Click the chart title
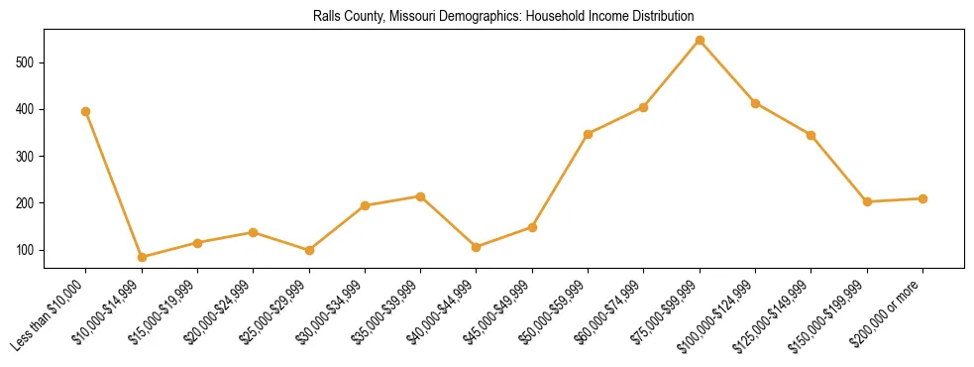point(503,17)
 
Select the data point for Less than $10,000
point(86,111)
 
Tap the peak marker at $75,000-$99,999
point(700,41)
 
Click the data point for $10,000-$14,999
point(142,257)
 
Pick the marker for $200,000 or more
point(922,198)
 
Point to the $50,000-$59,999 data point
point(588,134)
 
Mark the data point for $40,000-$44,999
point(477,247)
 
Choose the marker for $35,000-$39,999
point(420,196)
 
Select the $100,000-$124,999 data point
point(755,103)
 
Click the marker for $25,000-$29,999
point(309,250)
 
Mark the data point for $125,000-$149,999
point(811,135)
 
